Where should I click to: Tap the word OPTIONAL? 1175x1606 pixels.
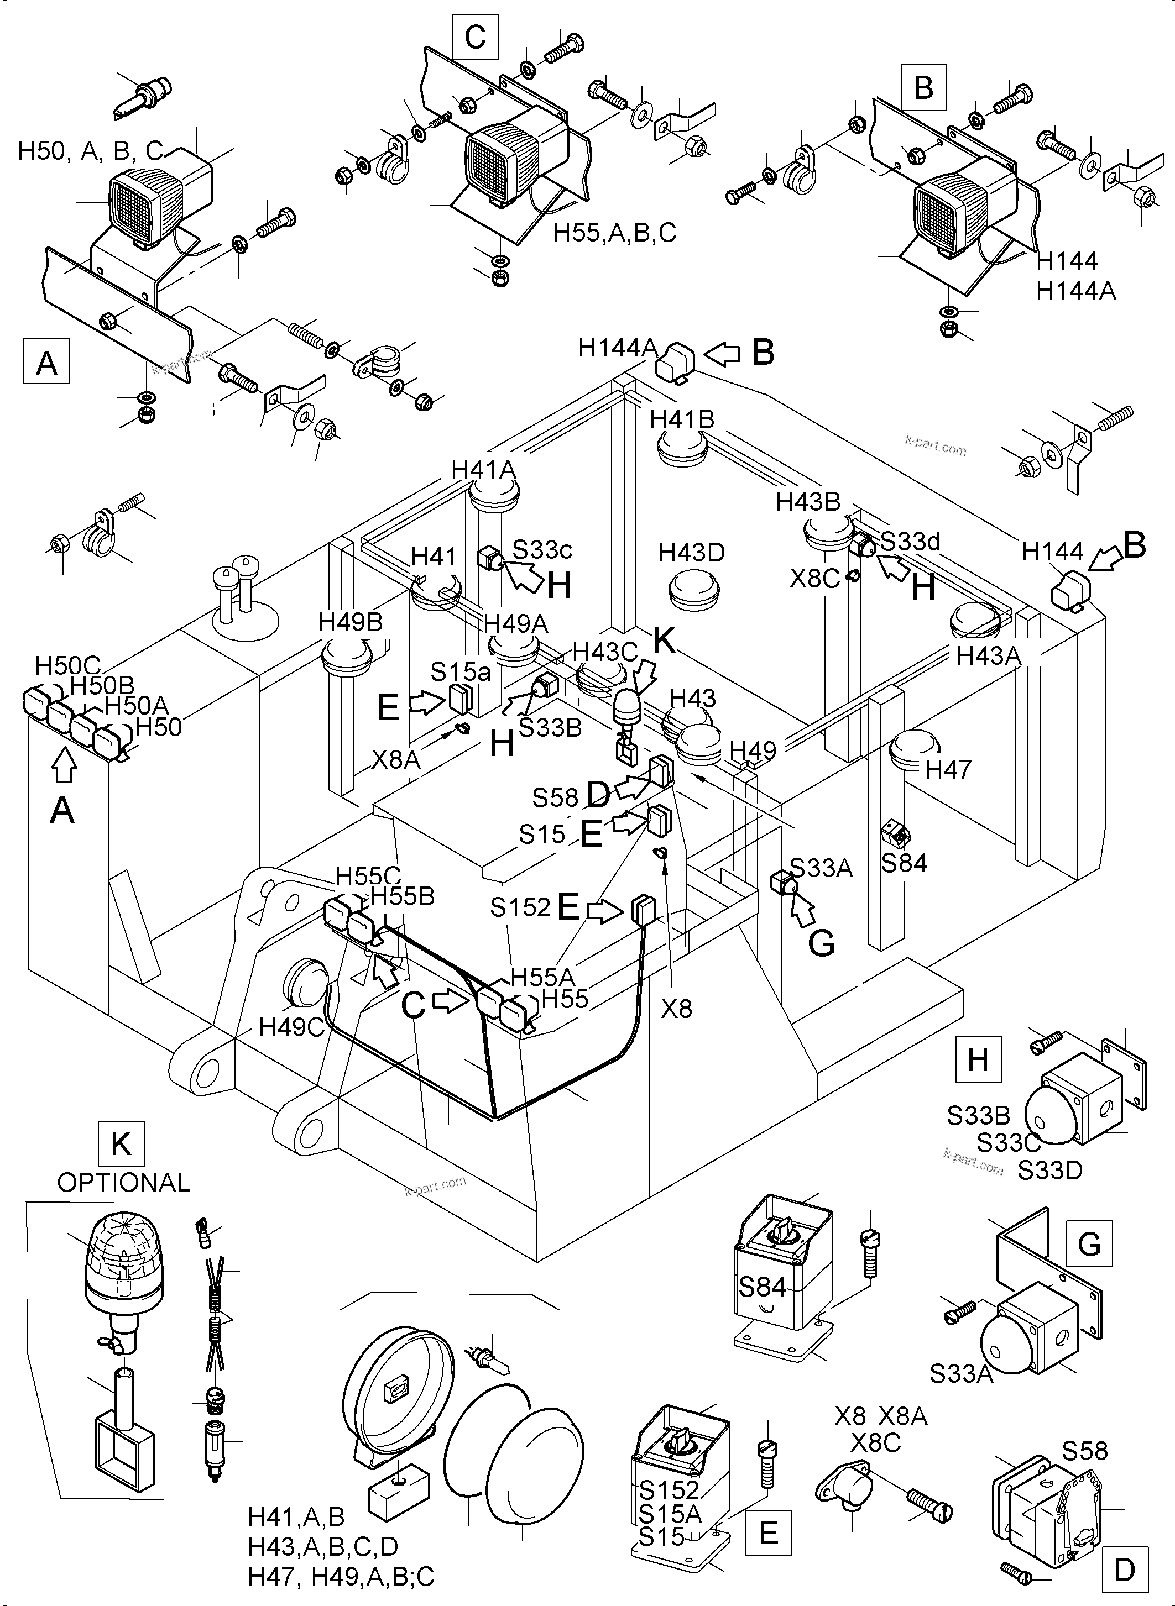point(124,1182)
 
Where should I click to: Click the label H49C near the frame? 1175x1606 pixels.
point(291,1027)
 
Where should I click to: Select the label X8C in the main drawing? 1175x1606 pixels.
point(814,579)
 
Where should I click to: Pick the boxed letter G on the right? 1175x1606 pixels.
point(1089,1244)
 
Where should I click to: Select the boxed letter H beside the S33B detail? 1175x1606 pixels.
point(978,1060)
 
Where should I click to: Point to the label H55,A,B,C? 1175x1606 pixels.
point(614,233)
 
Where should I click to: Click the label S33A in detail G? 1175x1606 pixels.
point(961,1374)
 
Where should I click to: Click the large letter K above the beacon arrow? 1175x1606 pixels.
point(664,641)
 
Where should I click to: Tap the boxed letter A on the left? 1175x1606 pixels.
point(47,363)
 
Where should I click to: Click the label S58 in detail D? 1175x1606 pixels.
point(1085,1450)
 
